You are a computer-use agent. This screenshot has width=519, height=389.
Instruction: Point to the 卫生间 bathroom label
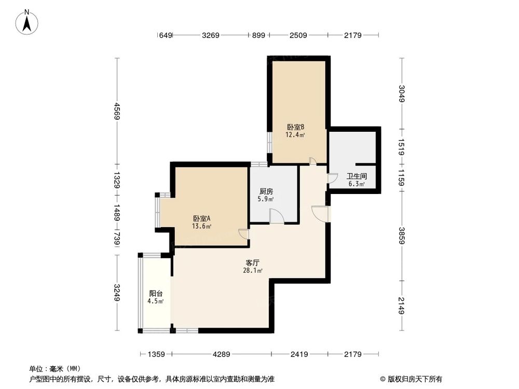pyautogui.click(x=356, y=176)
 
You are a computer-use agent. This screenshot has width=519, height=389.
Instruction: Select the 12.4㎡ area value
pyautogui.click(x=295, y=135)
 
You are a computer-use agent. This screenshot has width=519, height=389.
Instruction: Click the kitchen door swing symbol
pyautogui.click(x=277, y=216)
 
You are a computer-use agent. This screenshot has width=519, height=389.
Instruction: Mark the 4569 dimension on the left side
pyautogui.click(x=117, y=110)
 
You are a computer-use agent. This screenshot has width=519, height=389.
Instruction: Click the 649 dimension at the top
pyautogui.click(x=165, y=35)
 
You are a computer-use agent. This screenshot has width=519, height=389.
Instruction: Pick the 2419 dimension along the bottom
pyautogui.click(x=299, y=354)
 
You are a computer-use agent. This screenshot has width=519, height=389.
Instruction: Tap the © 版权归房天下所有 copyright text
pyautogui.click(x=410, y=379)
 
